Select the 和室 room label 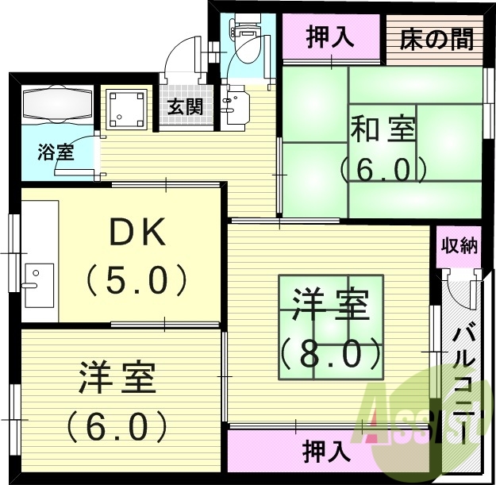click(x=383, y=129)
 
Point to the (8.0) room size click(x=329, y=349)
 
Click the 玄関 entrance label click(x=185, y=106)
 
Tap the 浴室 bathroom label click(x=56, y=152)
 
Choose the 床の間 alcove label click(x=436, y=38)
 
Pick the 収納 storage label click(x=459, y=245)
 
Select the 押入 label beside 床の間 click(x=330, y=38)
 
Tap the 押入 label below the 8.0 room click(x=326, y=452)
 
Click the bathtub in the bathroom click(x=58, y=103)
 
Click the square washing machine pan click(x=127, y=110)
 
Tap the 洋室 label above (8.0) click(x=329, y=306)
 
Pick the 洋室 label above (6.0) click(x=117, y=379)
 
